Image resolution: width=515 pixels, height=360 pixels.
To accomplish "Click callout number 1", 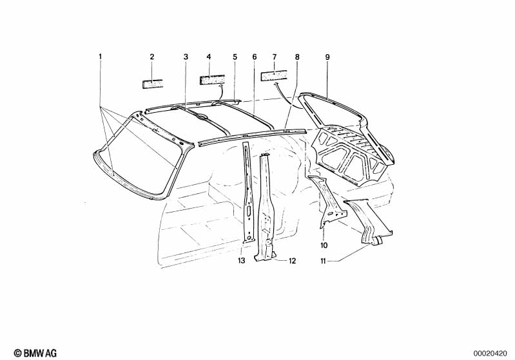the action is coord(100,57).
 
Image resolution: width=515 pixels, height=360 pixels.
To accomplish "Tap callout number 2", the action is coord(151,57).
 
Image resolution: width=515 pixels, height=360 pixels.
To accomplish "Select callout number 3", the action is coord(186,57).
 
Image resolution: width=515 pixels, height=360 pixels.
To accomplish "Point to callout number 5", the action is coord(235,57).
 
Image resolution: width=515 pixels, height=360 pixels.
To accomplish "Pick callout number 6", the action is coord(255,57).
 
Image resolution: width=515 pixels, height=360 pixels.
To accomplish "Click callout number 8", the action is coord(297,57).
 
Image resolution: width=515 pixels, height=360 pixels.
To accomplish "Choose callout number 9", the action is coord(327,57).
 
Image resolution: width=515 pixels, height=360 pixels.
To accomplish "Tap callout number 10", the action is coord(324,245).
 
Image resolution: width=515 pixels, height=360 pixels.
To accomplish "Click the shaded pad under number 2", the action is coord(153,83).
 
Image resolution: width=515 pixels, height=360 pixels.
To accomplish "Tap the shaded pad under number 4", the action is coord(212,80).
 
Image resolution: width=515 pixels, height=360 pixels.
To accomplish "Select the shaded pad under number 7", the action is coord(274,75).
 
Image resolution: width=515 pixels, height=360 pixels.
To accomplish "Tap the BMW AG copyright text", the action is coord(35,353).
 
